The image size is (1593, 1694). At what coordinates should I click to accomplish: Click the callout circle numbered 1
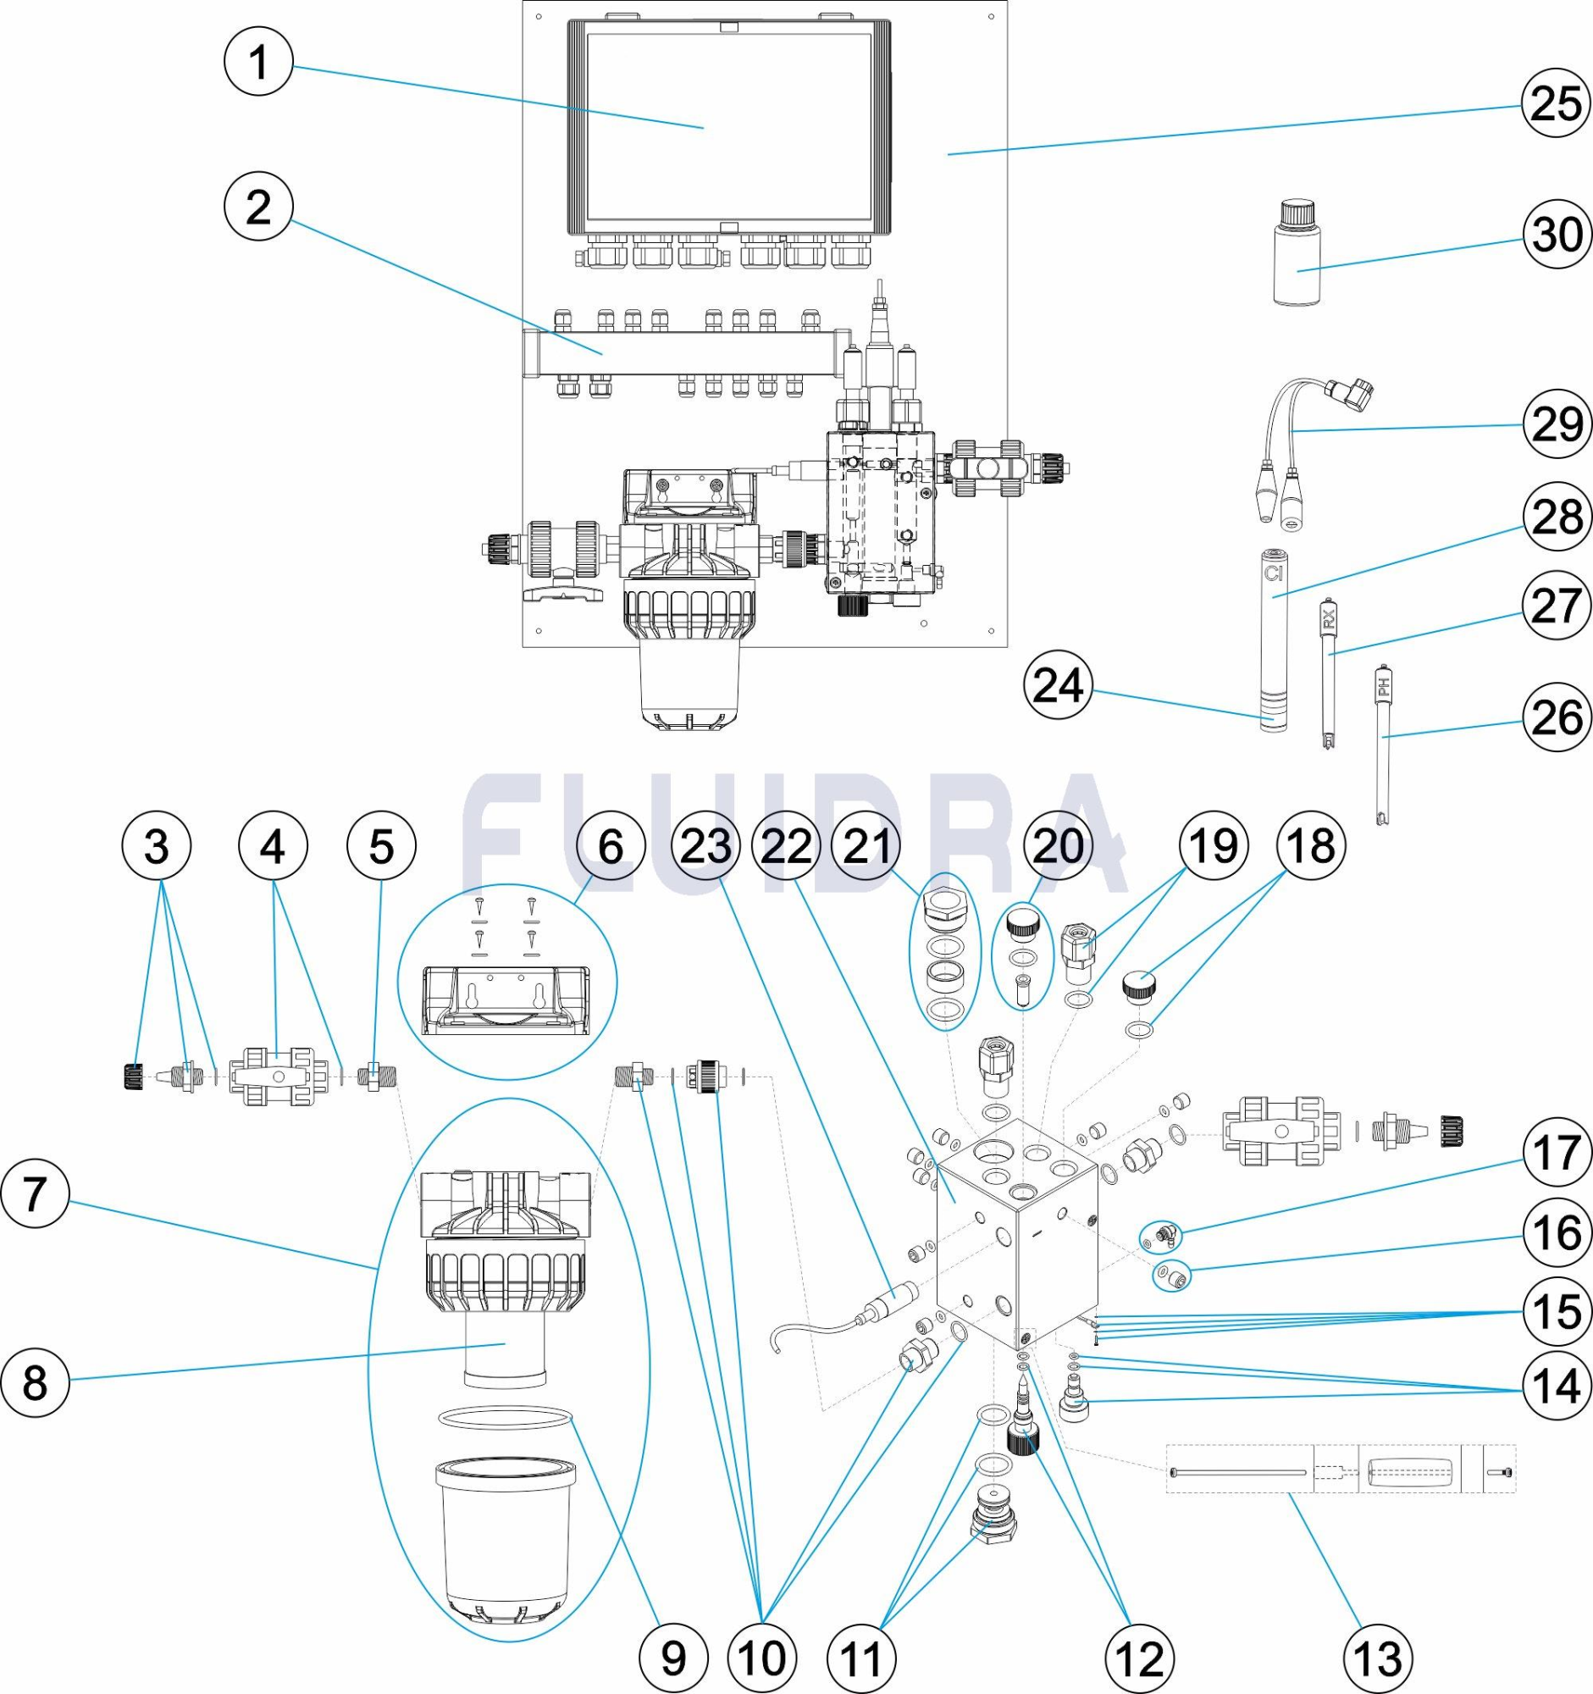(258, 63)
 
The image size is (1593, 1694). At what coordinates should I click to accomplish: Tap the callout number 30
(1557, 235)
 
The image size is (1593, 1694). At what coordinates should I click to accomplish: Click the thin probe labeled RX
(1326, 673)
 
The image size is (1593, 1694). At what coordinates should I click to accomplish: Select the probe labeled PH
(1383, 745)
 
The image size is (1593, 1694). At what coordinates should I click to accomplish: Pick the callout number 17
(1557, 1153)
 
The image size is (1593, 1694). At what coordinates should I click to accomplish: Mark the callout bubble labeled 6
(611, 846)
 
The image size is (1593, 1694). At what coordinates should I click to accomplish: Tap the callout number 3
(157, 846)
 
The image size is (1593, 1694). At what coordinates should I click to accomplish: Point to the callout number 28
(1557, 517)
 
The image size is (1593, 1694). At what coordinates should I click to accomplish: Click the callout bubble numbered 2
(258, 207)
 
